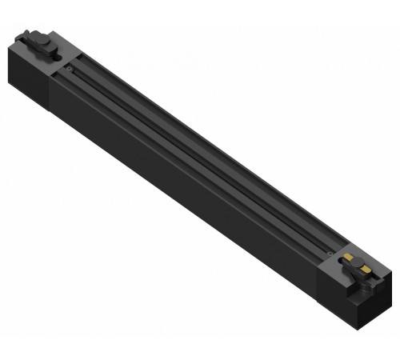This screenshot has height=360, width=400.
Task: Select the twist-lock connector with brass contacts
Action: tap(356, 266)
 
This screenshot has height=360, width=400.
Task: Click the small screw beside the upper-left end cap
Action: tap(70, 70)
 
